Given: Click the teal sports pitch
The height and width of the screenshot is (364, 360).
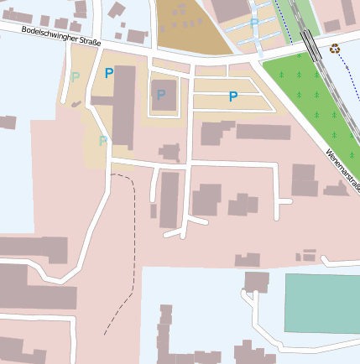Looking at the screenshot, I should [x=321, y=302].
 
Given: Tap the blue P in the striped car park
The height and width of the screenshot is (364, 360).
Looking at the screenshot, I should [x=233, y=96].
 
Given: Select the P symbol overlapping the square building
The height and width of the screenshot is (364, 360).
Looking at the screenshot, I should [x=160, y=95].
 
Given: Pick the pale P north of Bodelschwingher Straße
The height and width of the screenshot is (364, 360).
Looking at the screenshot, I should [x=254, y=23].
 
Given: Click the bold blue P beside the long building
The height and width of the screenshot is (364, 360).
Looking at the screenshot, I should [x=108, y=73].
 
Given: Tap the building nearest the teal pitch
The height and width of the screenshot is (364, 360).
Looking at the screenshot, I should [x=257, y=282].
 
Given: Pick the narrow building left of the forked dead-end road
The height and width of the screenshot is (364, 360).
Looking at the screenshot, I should [x=170, y=199].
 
